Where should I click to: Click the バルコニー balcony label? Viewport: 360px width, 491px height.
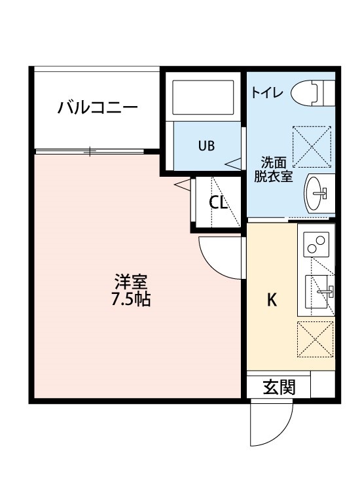pos(97,107)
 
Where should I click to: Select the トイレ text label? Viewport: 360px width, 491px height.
pos(266,93)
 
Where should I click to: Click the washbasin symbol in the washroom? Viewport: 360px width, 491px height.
pos(318,192)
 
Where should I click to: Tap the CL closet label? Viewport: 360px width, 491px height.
pos(218,202)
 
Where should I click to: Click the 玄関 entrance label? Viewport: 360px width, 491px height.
pos(279,387)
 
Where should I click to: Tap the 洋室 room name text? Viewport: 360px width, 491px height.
pos(131,283)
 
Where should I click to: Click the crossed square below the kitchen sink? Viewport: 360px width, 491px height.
pos(316,339)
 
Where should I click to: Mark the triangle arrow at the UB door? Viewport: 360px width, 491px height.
pos(234,162)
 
